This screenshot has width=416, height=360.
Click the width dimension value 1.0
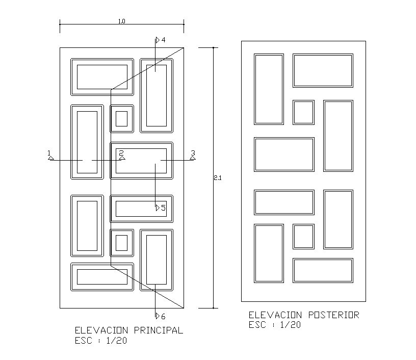[x=122, y=21]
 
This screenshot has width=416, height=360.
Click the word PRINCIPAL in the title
[x=158, y=330]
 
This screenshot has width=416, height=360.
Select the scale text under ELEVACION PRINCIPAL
[x=101, y=341]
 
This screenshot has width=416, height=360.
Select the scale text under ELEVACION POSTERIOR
[x=274, y=325]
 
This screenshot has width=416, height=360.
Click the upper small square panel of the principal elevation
[x=121, y=119]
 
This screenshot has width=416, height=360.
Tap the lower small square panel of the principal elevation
[x=121, y=243]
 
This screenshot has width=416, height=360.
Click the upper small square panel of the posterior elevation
[x=303, y=112]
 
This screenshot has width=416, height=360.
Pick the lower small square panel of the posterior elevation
[x=303, y=236]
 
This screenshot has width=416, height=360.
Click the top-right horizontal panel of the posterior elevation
[x=323, y=70]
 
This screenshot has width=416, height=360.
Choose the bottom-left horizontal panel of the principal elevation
[x=102, y=276]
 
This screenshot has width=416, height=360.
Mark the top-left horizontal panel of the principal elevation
[x=102, y=76]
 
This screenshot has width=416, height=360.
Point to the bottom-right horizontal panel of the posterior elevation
[x=323, y=270]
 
